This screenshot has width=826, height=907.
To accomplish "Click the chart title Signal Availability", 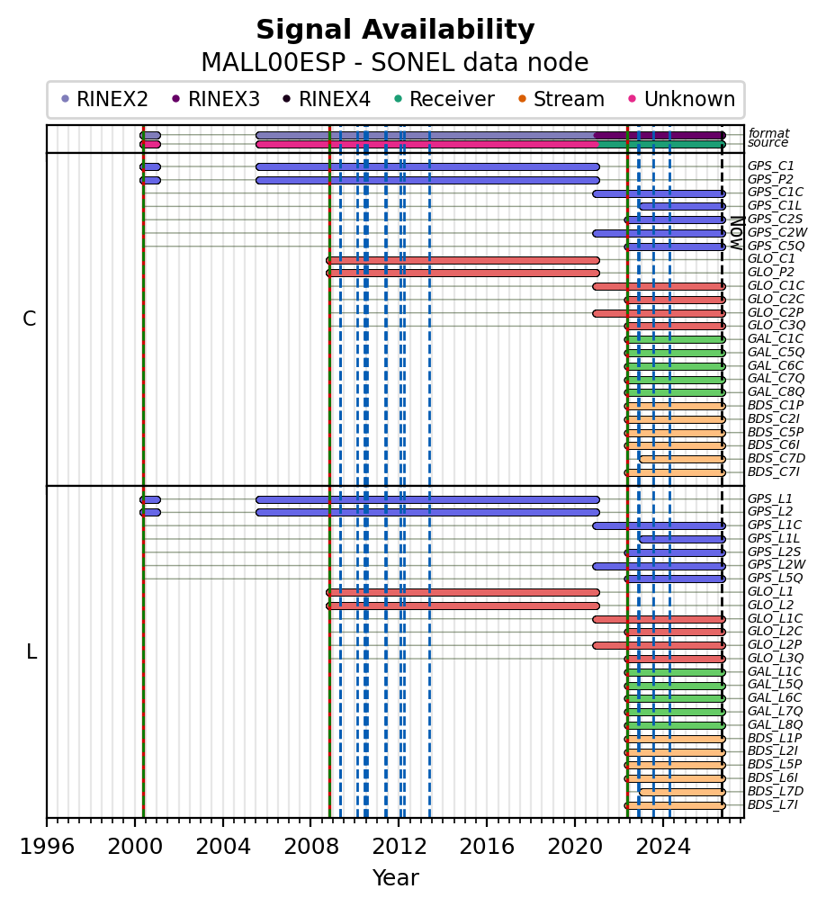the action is click(395, 30).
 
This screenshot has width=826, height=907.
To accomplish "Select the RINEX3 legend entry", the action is click(216, 100).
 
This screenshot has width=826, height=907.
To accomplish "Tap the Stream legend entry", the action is click(561, 100).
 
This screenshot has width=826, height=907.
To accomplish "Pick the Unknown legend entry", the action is click(682, 100).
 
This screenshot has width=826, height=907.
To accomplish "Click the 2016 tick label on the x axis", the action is click(487, 847).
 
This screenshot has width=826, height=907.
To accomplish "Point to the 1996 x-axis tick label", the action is click(47, 847).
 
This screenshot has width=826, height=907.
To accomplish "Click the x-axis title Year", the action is click(396, 878).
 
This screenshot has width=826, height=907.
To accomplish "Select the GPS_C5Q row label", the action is click(776, 246).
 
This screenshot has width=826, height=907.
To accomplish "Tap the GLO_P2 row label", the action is click(770, 273).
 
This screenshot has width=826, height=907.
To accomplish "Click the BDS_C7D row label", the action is click(777, 459).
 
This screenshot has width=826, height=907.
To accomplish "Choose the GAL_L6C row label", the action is click(775, 697).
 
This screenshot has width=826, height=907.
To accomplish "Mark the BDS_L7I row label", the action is click(773, 804).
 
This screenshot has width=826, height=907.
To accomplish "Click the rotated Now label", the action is click(737, 233).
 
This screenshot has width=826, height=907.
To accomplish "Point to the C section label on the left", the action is click(30, 319).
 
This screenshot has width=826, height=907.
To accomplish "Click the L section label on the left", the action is click(31, 651).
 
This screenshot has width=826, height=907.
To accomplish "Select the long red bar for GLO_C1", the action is click(462, 260).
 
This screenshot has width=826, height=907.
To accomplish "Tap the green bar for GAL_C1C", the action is click(675, 339).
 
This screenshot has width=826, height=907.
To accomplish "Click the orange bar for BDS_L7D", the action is click(682, 792).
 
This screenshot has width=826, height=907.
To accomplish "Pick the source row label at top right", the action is click(768, 143).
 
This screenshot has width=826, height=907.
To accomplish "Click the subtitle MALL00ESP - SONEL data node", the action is click(395, 62).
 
